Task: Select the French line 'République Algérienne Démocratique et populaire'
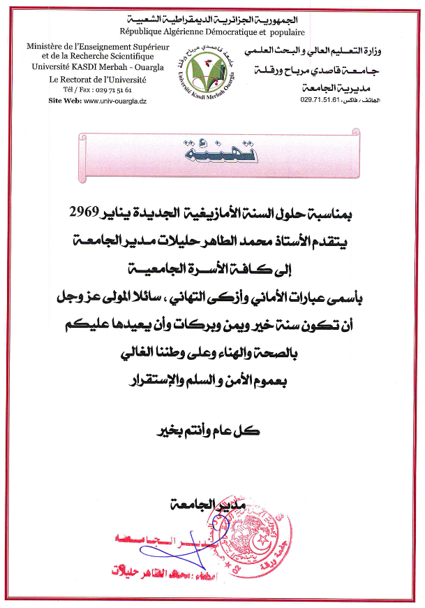coord(211,31)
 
